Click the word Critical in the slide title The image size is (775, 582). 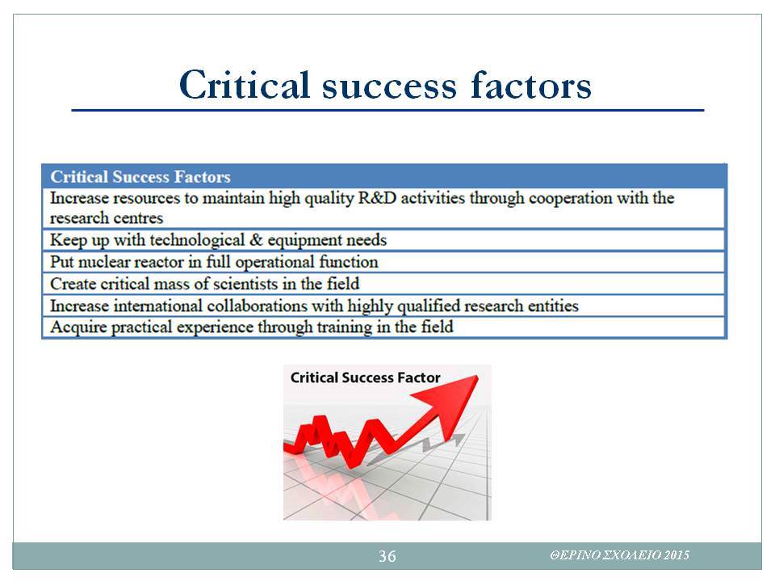[245, 84]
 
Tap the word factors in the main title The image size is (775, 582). [531, 85]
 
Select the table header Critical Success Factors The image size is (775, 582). [140, 177]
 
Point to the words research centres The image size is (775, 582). [107, 217]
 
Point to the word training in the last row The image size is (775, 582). [345, 327]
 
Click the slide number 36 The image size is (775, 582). [387, 556]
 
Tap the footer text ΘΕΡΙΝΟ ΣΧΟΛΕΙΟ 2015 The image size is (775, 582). [620, 555]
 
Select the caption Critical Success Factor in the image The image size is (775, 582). [365, 377]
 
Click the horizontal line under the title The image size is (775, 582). [388, 110]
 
